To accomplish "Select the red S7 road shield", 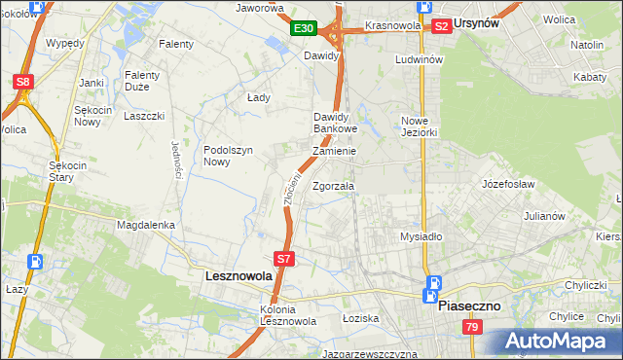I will pos(283,259).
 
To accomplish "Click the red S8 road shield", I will pos(23,83).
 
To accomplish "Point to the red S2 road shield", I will pos(441,26).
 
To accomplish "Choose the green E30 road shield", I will pos(303,28).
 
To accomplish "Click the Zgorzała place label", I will pos(334,186).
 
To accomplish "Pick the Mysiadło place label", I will pos(421,236).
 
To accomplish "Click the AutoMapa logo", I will pos(560,341).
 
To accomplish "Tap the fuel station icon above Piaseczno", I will pos(432,285).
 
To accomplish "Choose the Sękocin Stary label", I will pos(68,172).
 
